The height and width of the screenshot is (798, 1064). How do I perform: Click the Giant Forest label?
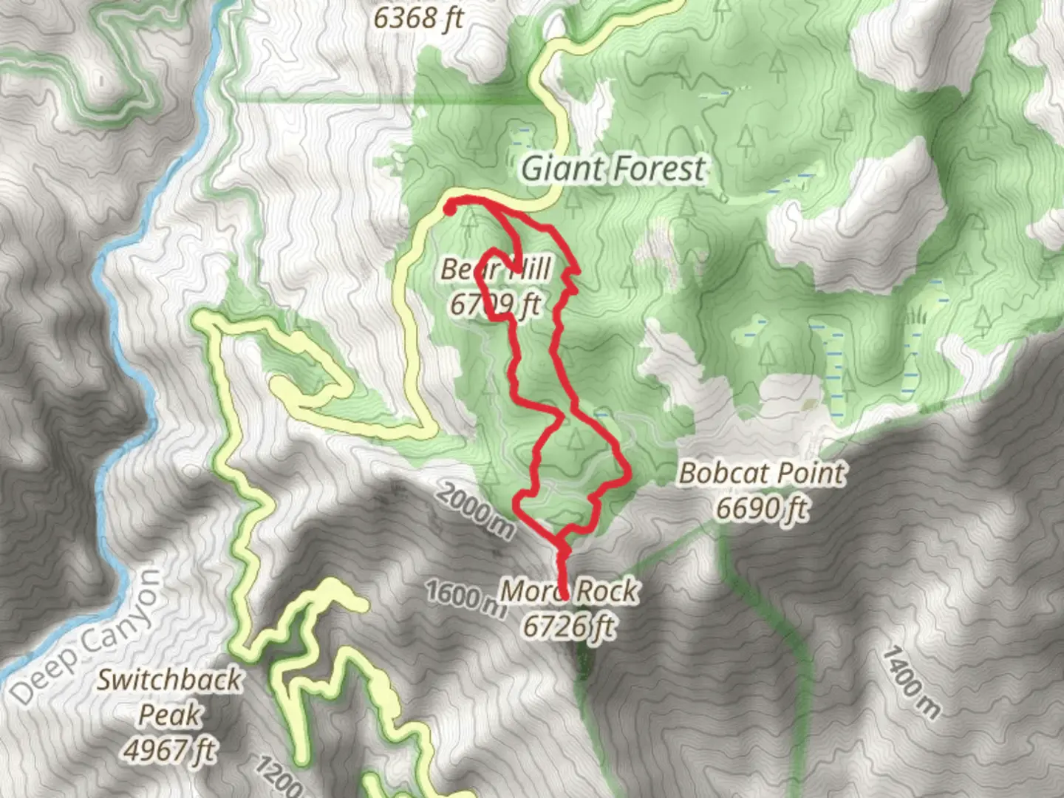(x=613, y=169)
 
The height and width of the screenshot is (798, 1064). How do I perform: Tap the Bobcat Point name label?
(x=762, y=474)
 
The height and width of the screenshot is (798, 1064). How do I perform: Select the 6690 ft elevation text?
(x=762, y=508)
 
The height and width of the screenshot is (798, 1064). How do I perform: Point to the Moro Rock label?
(x=569, y=591)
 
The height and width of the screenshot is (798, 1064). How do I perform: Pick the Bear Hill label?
(x=495, y=270)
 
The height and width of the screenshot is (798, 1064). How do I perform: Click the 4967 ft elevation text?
(x=169, y=750)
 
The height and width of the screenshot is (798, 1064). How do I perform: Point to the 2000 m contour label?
(x=474, y=510)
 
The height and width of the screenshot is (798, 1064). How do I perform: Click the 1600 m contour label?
(x=465, y=597)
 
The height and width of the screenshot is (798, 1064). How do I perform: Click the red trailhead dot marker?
(x=449, y=209)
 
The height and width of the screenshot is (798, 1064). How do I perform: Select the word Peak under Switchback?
(x=169, y=715)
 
